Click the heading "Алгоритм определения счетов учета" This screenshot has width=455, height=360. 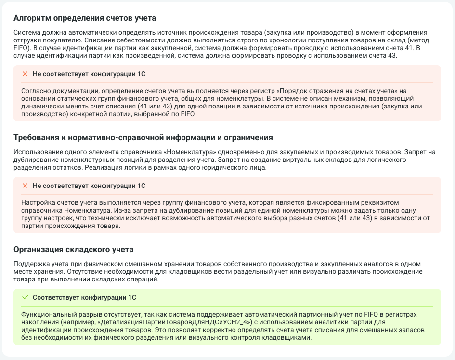click(x=85, y=18)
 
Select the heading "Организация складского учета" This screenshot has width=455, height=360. click(x=73, y=249)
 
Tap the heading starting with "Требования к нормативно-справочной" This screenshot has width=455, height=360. click(x=143, y=137)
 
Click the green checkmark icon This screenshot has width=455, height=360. click(x=25, y=297)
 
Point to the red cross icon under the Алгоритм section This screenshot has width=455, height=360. click(x=25, y=74)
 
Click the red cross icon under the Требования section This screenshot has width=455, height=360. click(x=25, y=186)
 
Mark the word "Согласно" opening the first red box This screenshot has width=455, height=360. click(x=36, y=91)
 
